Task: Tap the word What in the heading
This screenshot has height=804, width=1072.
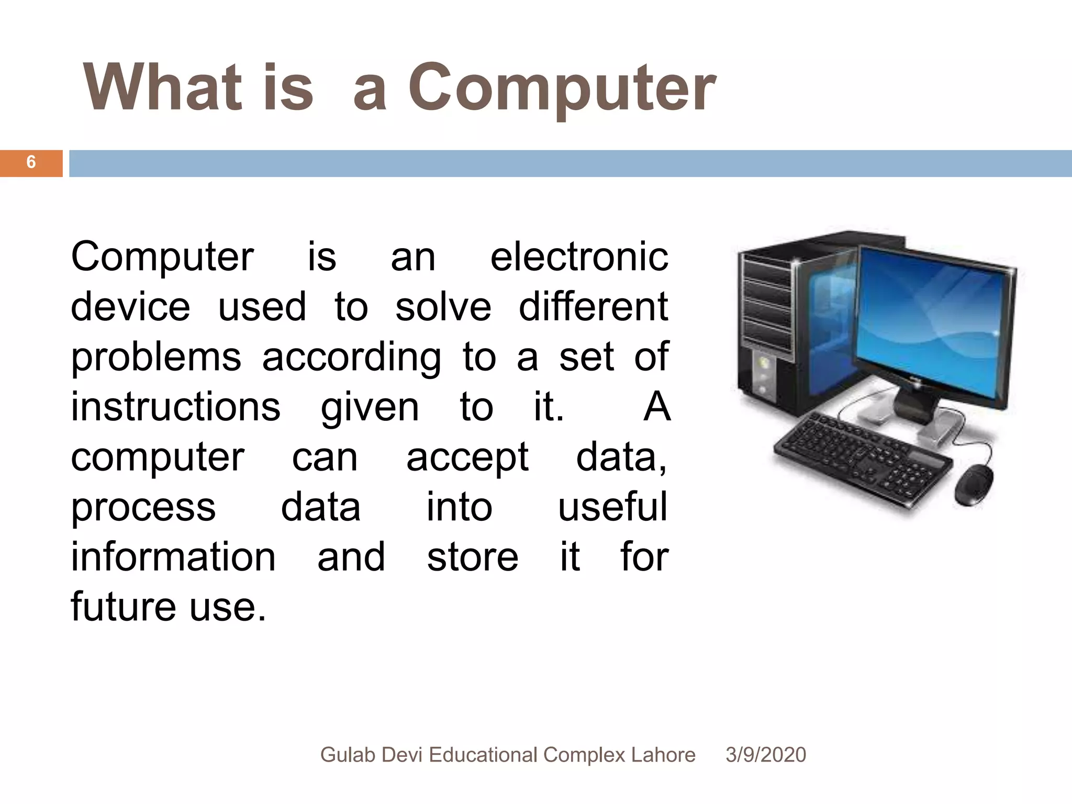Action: click(162, 88)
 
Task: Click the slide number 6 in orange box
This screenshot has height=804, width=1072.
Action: click(31, 162)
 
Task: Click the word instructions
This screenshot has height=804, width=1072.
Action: click(175, 407)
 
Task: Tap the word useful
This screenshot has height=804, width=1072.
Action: click(612, 507)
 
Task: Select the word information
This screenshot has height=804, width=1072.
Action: click(173, 557)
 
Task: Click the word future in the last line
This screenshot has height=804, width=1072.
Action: click(123, 607)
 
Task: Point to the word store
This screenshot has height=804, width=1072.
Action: click(472, 557)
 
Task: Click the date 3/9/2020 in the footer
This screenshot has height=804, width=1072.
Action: click(765, 755)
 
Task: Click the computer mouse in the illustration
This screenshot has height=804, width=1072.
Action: click(974, 484)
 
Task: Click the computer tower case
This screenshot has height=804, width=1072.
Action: click(775, 325)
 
